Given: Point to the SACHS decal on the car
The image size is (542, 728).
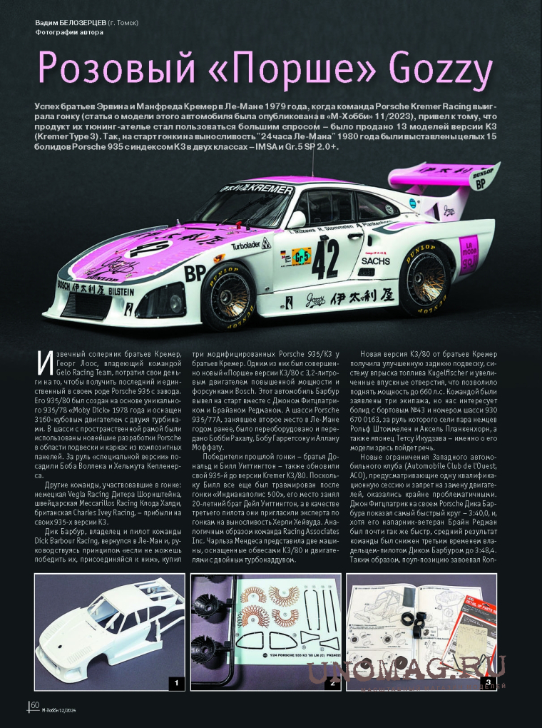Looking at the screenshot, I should coord(377,261).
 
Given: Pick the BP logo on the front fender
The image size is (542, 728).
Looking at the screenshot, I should coord(195,273).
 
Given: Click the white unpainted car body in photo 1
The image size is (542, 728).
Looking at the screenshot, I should coord(100,635).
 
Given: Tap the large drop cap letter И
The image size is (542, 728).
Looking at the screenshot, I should coord(44,363).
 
